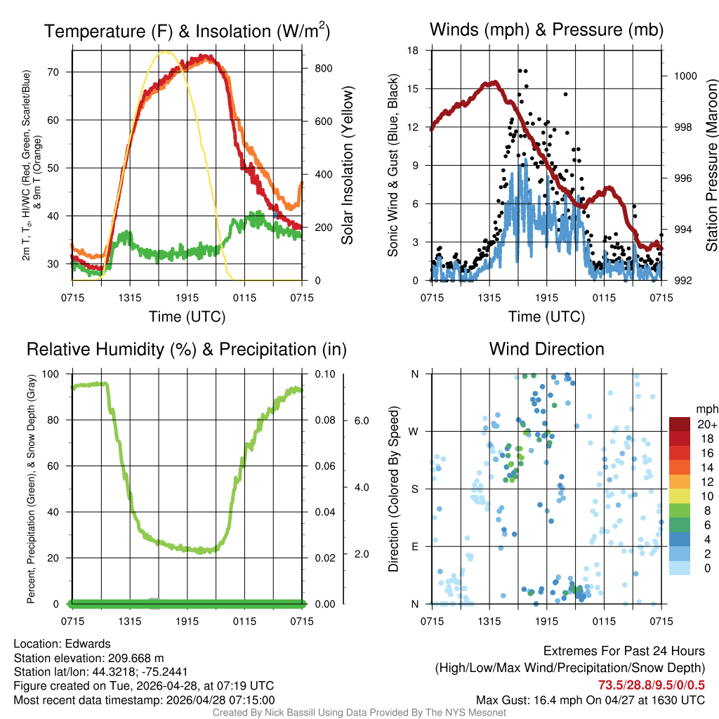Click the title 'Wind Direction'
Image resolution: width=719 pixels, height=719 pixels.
(x=546, y=349)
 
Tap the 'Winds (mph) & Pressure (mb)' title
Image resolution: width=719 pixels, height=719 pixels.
(x=546, y=29)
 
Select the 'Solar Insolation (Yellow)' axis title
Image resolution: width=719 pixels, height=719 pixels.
(x=348, y=165)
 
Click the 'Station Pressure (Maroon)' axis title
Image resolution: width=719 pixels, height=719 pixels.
(x=711, y=165)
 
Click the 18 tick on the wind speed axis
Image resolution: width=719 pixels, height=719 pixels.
(x=414, y=51)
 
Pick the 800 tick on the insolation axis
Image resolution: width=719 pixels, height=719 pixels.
(x=323, y=68)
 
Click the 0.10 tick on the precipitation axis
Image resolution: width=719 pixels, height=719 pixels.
(x=324, y=374)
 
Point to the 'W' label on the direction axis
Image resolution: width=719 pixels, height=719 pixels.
(x=414, y=431)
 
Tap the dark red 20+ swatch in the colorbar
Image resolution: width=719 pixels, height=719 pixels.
(x=680, y=424)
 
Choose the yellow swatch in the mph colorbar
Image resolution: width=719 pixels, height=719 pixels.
(x=680, y=496)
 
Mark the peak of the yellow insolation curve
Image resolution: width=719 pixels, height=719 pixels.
(x=166, y=51)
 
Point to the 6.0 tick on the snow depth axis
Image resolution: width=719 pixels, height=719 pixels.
(x=361, y=420)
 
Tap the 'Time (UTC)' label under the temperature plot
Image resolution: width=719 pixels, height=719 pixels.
(x=187, y=317)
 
